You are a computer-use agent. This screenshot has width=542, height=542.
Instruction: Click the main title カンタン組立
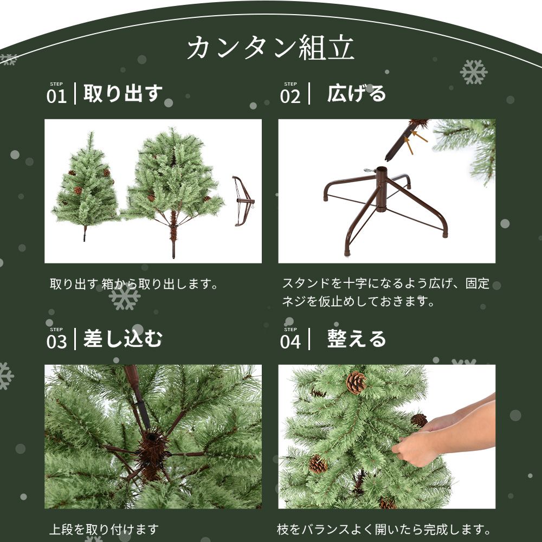270,49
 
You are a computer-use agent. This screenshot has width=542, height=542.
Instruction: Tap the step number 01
56,96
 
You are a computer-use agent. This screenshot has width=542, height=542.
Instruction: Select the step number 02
290,96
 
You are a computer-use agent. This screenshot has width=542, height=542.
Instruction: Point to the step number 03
56,342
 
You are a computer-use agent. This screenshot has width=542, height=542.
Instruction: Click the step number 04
290,342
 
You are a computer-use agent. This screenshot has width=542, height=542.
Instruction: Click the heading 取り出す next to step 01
122,94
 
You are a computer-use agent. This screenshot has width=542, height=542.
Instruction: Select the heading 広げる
356,94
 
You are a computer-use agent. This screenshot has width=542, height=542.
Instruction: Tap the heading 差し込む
122,339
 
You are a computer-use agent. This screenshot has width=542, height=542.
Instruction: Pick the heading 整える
356,339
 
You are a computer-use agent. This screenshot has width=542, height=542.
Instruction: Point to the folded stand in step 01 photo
243,201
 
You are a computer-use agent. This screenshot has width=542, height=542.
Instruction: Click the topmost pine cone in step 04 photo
356,383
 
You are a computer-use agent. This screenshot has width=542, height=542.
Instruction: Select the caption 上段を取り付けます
104,528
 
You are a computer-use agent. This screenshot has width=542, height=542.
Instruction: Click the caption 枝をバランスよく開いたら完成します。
384,528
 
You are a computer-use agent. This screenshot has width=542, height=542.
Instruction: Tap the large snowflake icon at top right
473,72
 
